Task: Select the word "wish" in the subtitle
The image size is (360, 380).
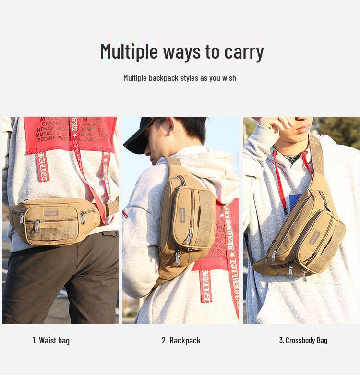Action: coord(229,78)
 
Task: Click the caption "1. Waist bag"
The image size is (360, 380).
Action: coord(51,341)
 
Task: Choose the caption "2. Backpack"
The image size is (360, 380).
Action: coord(181,341)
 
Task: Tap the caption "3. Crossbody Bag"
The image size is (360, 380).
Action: coord(303,341)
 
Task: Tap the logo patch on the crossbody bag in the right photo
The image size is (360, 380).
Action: coord(315,237)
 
